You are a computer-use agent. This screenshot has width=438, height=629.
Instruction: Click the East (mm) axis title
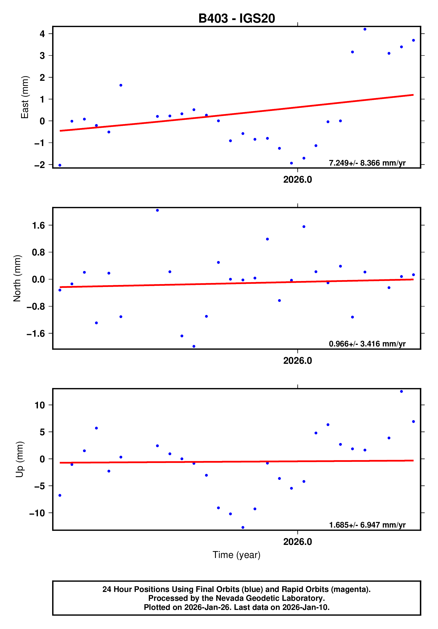[25, 97]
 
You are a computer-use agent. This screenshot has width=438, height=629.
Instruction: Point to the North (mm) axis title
[17, 278]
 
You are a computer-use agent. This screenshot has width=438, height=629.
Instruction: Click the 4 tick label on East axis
[42, 34]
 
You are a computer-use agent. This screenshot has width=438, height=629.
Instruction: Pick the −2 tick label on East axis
[39, 165]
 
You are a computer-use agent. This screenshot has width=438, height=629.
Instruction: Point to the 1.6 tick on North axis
[38, 225]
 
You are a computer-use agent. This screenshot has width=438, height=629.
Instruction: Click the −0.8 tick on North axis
[36, 307]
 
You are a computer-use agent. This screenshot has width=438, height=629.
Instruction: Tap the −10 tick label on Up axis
[37, 513]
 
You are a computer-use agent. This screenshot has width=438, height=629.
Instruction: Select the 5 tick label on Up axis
[42, 432]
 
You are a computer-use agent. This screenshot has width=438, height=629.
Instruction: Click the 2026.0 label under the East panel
[298, 180]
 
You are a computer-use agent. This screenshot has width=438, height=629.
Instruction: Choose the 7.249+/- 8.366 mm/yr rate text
[367, 163]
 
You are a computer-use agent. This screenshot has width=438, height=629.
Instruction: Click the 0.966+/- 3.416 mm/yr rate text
[367, 344]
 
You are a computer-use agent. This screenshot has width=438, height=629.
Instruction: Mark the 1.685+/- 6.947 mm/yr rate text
[367, 525]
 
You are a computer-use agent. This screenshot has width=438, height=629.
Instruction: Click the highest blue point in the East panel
[365, 29]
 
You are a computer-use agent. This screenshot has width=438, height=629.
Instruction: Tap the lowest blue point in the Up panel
[243, 527]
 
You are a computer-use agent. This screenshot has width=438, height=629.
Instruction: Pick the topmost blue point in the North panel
[157, 210]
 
